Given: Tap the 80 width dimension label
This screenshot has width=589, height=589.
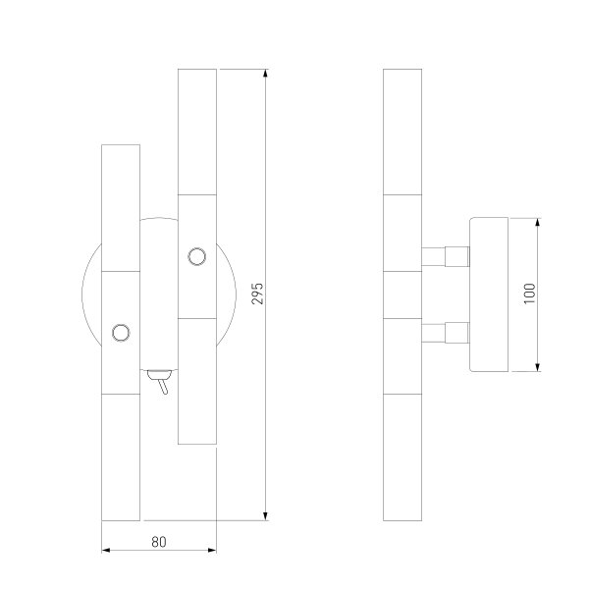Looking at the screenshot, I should tap(159, 540).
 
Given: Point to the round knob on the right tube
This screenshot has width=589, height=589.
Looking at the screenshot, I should tap(196, 257).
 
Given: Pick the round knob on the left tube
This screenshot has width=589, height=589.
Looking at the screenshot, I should tap(122, 332).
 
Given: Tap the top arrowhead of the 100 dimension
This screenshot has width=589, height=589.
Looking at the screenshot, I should tap(539, 224).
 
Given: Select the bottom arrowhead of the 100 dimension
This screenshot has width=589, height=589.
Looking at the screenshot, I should tap(539, 366).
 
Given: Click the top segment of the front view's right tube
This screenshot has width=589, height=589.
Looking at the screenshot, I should tap(196, 132).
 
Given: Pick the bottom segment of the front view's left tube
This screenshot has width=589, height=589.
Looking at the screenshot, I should tap(122, 455).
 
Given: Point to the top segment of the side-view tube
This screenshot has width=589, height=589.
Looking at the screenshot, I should tap(402, 132).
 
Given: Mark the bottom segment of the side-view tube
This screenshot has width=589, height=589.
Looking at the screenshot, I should tap(402, 455).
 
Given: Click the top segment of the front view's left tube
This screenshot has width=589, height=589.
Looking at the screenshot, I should tap(122, 206).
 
